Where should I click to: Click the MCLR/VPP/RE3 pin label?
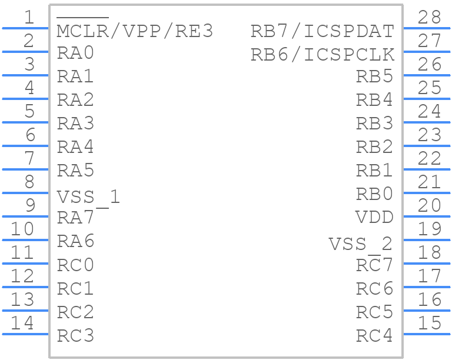(135, 31)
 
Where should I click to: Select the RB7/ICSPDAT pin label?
(323, 31)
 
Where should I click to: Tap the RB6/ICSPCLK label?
(323, 55)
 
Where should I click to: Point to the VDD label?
(374, 217)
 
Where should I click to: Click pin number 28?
(429, 17)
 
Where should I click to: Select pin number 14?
(22, 323)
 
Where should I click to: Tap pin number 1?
(29, 17)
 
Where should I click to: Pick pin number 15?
(429, 323)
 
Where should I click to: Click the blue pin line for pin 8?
(25, 193)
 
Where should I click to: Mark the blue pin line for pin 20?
(427, 216)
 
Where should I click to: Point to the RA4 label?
(75, 146)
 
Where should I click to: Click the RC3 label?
(75, 335)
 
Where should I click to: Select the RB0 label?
(374, 194)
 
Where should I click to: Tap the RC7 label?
(374, 264)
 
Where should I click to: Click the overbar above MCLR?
(83, 18)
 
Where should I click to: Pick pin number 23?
(429, 135)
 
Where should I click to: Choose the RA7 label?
(75, 218)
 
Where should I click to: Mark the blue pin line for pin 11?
(25, 264)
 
